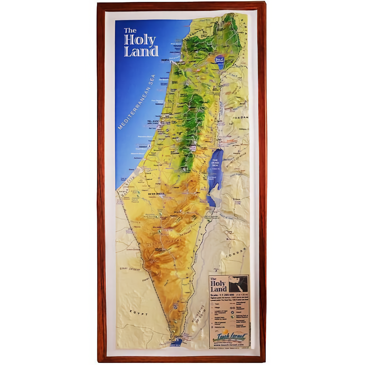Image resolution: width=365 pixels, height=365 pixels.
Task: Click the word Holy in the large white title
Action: [x=140, y=40]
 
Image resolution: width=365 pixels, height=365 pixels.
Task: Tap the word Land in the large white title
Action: [x=141, y=51]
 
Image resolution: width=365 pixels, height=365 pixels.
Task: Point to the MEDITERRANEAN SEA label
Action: [x=137, y=102]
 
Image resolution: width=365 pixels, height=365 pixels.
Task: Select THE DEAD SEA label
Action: [x=215, y=163]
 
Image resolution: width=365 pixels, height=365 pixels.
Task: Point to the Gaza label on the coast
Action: [x=132, y=169]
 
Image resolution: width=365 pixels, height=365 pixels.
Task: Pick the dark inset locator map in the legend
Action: [x=238, y=284]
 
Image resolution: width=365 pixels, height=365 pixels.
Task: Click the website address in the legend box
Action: [x=228, y=345]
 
